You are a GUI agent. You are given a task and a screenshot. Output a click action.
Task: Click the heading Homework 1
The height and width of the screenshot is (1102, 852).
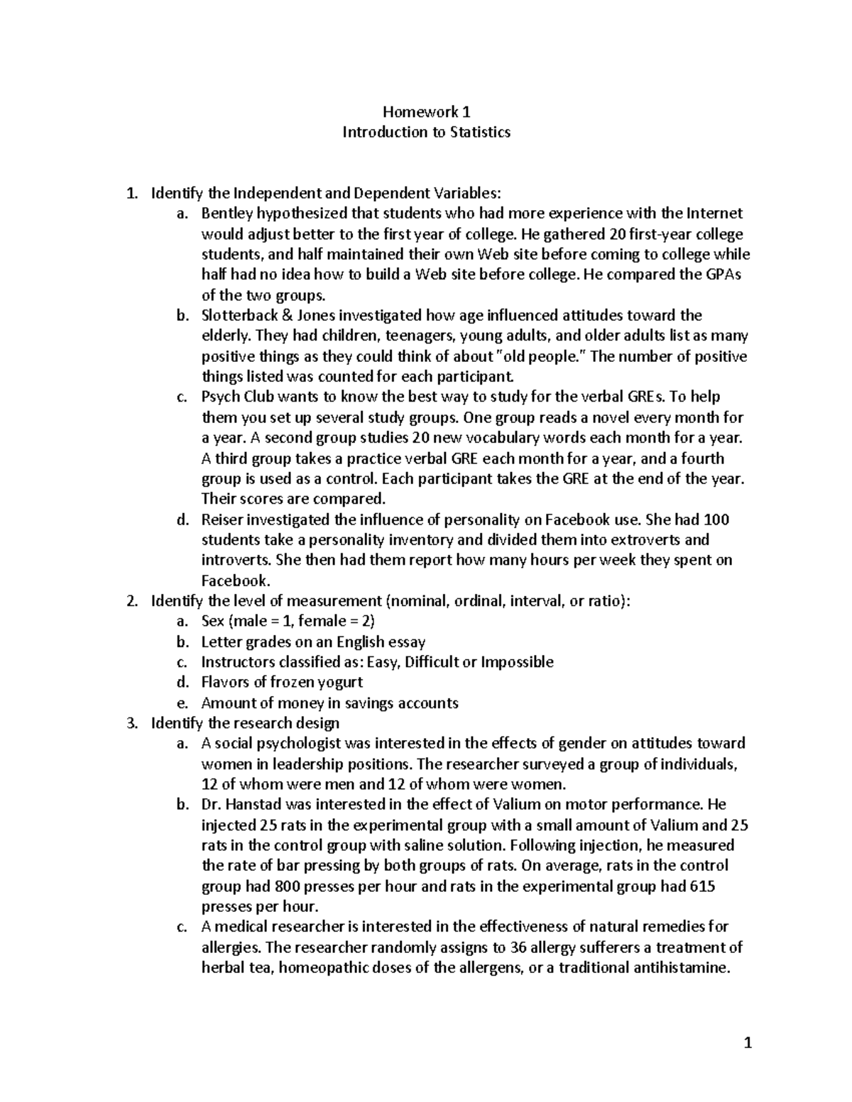426,111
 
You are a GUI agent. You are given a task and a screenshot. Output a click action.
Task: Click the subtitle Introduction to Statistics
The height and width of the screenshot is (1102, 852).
426,132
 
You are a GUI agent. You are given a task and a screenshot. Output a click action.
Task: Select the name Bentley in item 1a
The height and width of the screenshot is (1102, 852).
226,214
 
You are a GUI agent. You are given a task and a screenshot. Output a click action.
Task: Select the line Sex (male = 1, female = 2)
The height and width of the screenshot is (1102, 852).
288,622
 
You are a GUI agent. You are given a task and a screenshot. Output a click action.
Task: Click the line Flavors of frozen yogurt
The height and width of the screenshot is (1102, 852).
282,683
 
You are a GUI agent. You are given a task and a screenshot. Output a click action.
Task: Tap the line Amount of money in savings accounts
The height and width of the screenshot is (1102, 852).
329,703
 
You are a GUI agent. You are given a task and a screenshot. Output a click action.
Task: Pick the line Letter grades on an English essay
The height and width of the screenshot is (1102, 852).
313,642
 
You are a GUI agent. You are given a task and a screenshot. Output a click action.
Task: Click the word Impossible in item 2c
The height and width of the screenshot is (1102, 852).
517,662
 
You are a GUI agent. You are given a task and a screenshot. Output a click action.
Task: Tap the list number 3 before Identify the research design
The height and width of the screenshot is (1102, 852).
130,723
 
